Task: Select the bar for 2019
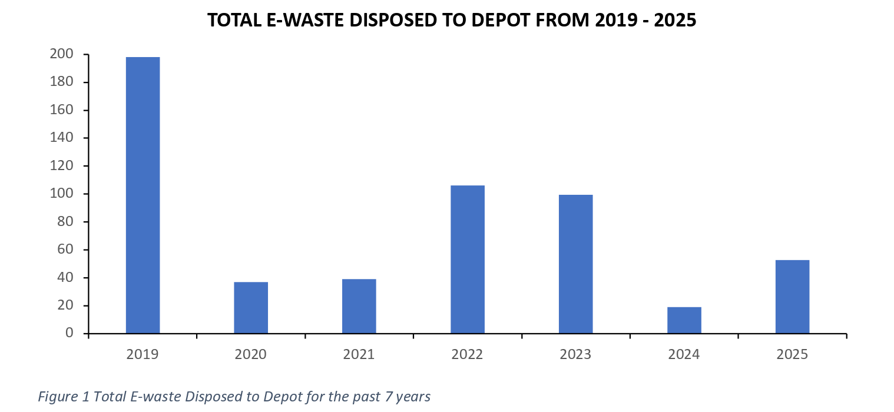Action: click(x=143, y=195)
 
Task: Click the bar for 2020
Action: click(x=251, y=308)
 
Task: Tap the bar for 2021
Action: click(x=359, y=306)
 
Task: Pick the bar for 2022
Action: click(x=468, y=260)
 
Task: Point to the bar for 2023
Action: click(x=576, y=264)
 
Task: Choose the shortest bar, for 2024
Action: click(x=684, y=320)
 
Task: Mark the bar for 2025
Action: click(x=792, y=297)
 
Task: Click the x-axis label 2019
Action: click(x=143, y=354)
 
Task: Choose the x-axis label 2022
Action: click(x=468, y=354)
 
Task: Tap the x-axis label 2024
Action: click(x=684, y=354)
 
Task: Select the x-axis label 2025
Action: click(x=792, y=354)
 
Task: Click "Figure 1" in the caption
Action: click(x=64, y=397)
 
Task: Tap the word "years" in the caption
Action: click(x=413, y=397)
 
